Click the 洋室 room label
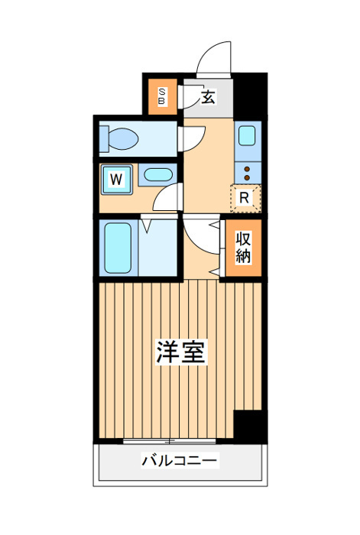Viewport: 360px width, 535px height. point(181,352)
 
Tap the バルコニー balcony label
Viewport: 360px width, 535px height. point(180,460)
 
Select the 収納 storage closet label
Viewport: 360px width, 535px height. point(243,248)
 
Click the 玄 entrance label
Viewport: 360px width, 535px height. point(208,97)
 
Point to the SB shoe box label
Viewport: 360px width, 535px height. point(163,96)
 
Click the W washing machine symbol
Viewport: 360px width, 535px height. point(117,179)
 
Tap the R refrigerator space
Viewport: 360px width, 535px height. point(245,198)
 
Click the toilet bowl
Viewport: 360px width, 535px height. point(119,139)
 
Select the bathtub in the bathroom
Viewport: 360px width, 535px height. point(118,248)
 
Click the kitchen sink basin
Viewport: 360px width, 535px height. point(247,135)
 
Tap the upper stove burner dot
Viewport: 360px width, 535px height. point(248,169)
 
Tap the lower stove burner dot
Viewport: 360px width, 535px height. point(248,177)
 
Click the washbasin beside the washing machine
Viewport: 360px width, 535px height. point(158,175)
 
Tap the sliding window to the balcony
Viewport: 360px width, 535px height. point(170,441)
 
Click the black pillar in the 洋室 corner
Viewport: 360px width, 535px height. point(250,426)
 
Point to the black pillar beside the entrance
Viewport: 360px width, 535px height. point(251,96)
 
